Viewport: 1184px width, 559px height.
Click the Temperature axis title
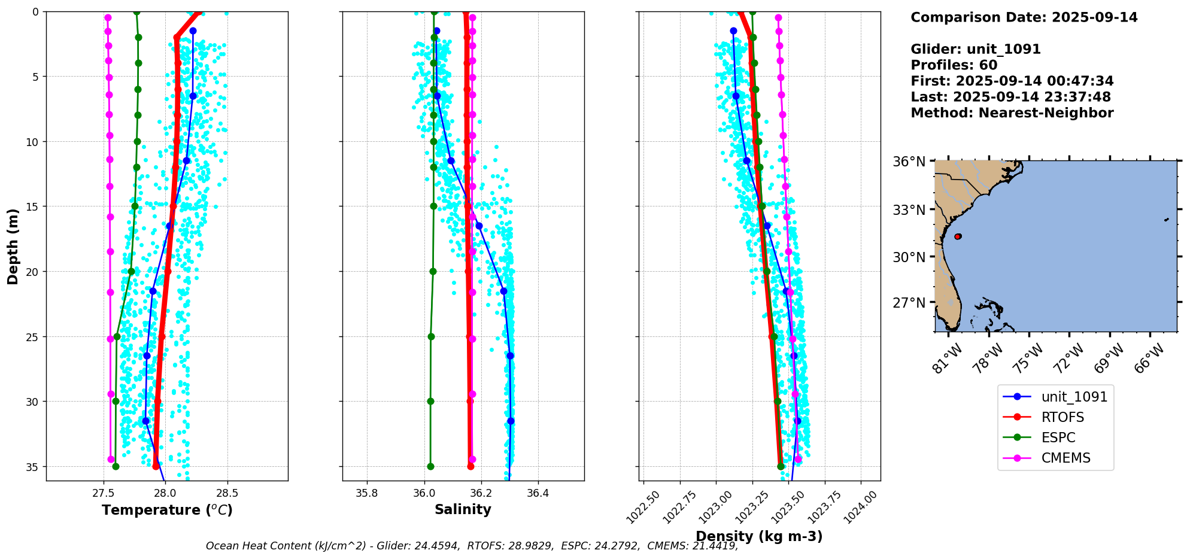[x=167, y=510]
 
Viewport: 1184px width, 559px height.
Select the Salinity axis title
[x=463, y=510]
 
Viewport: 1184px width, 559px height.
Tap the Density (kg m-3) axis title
[x=759, y=536]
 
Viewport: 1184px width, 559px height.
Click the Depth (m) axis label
[x=13, y=246]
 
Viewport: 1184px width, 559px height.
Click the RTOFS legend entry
[x=1062, y=417]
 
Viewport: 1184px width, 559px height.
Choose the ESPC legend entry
[x=1058, y=438]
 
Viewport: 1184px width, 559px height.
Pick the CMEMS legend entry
[x=1065, y=458]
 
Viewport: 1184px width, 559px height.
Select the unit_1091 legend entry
[x=1074, y=397]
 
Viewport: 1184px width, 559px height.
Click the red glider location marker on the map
[x=958, y=236]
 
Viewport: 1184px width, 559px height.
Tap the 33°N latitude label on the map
[x=909, y=210]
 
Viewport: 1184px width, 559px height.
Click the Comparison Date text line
[x=1024, y=17]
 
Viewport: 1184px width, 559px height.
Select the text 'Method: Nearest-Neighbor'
[x=1012, y=113]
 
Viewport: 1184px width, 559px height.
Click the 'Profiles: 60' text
[x=954, y=65]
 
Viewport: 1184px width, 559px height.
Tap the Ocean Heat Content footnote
[x=472, y=546]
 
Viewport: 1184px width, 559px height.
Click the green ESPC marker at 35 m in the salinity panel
[x=430, y=466]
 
